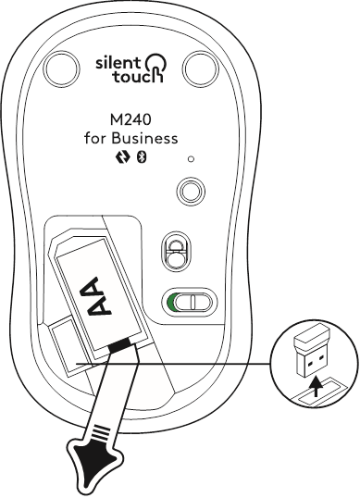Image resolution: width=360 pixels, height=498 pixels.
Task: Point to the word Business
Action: tap(143, 140)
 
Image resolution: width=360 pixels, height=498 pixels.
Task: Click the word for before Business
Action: tap(95, 140)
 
